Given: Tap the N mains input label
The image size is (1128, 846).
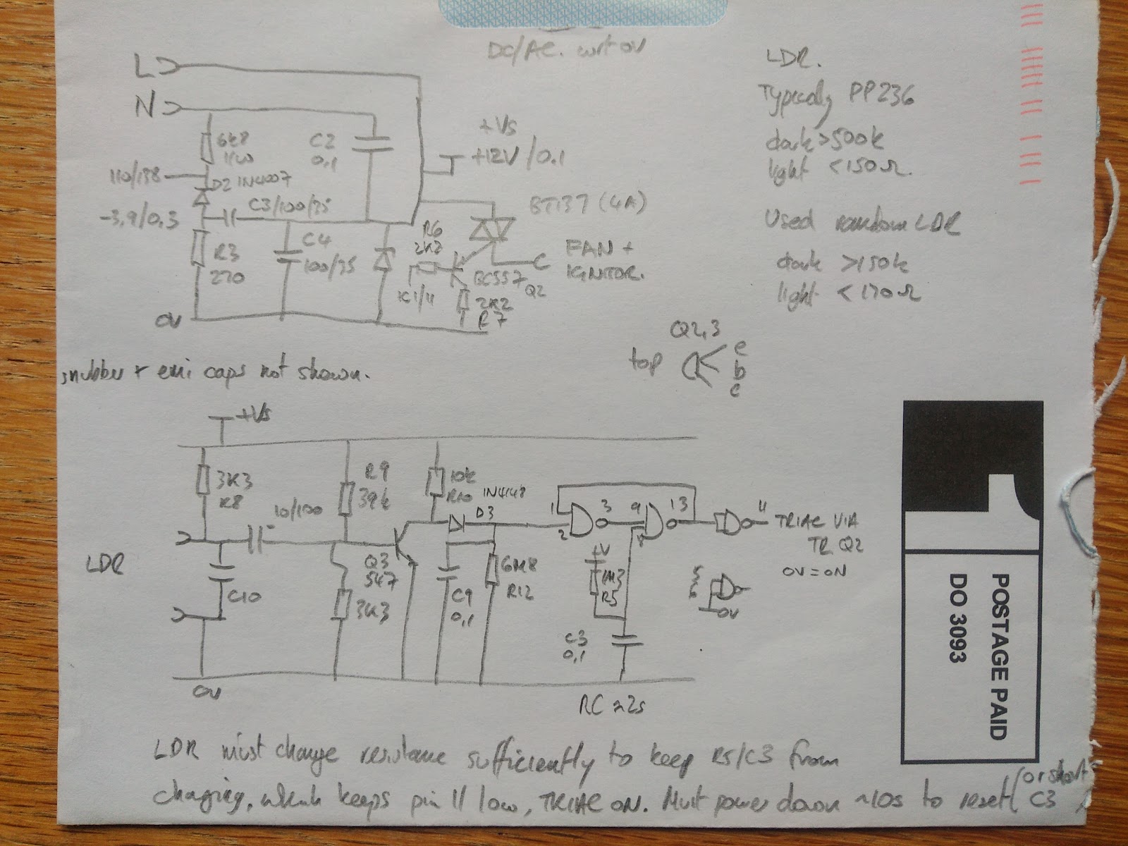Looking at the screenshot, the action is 145,109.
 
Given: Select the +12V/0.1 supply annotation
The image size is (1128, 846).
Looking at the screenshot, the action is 514,158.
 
